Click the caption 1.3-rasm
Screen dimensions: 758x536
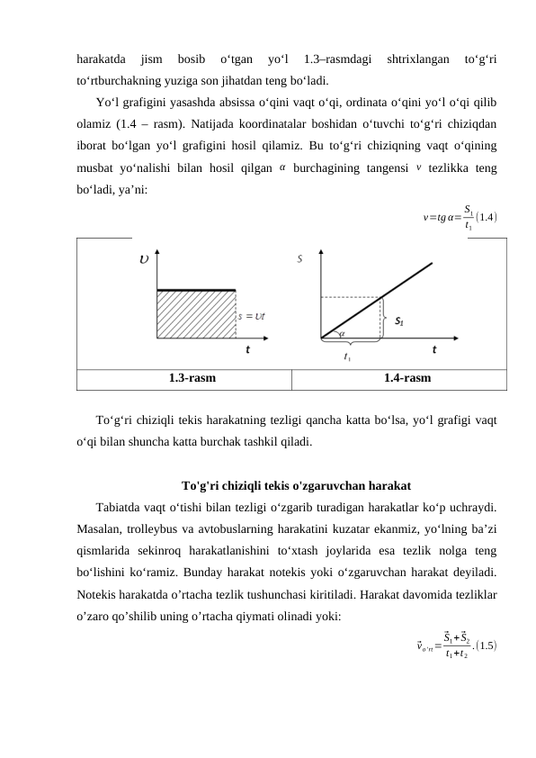pos(191,379)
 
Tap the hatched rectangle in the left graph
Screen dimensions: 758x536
pos(196,314)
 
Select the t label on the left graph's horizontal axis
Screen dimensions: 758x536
pos(247,351)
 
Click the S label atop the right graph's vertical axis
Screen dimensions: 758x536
pos(299,260)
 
